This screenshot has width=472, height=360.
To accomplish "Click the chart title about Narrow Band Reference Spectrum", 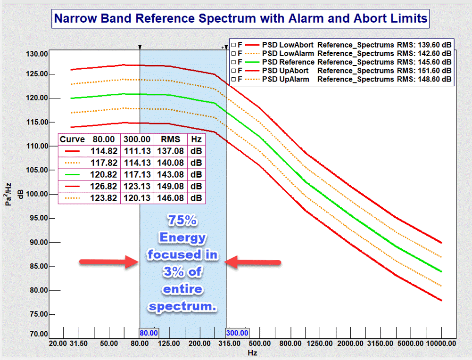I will coord(241,19).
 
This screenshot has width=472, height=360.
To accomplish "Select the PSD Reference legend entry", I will coord(288,62).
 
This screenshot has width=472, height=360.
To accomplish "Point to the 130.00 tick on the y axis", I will coord(36,54).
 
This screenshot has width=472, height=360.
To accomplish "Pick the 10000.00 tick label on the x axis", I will coord(441,344).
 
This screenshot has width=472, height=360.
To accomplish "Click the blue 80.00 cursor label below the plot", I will coord(149,333).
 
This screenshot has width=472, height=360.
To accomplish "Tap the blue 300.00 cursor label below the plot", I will coord(238,333).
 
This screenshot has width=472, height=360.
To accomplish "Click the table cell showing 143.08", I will coord(171,174).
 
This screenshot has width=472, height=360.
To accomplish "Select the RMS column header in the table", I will coord(171,139).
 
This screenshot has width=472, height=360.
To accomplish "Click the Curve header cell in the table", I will coord(72,139).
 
